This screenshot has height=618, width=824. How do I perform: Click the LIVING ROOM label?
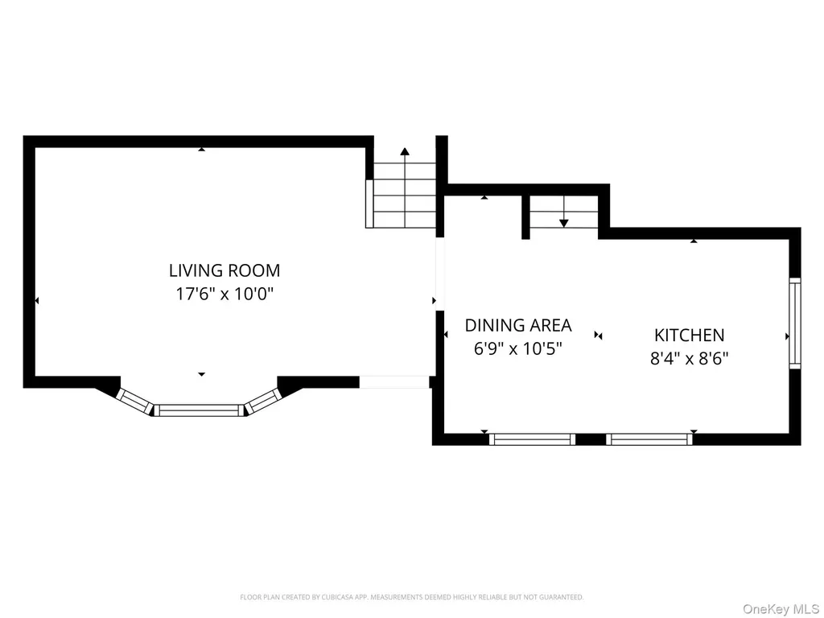225,270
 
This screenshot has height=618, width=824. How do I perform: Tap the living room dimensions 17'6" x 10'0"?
225,293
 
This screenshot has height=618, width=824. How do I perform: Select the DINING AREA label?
518,325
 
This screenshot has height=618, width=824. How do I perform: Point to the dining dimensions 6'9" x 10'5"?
518,348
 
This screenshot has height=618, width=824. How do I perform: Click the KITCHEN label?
689,336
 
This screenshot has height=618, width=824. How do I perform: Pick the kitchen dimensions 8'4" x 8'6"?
689,358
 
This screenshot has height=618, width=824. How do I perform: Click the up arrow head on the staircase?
405,152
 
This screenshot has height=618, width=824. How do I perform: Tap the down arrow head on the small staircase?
564,224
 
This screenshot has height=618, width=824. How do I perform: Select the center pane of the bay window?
200,410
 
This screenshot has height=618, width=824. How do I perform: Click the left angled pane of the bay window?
134,401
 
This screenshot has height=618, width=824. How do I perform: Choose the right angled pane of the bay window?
264,401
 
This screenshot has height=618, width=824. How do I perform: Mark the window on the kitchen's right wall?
795,323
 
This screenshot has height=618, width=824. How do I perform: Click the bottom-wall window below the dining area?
533,439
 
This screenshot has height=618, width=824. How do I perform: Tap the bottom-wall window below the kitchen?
649,439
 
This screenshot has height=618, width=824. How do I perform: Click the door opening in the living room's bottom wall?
394,382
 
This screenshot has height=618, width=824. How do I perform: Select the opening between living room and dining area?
440,274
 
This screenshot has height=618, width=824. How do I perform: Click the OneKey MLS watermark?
781,609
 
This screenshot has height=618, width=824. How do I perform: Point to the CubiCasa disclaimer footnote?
412,597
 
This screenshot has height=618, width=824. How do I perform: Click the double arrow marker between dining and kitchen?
598,336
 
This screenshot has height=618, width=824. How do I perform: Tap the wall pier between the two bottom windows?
591,439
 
